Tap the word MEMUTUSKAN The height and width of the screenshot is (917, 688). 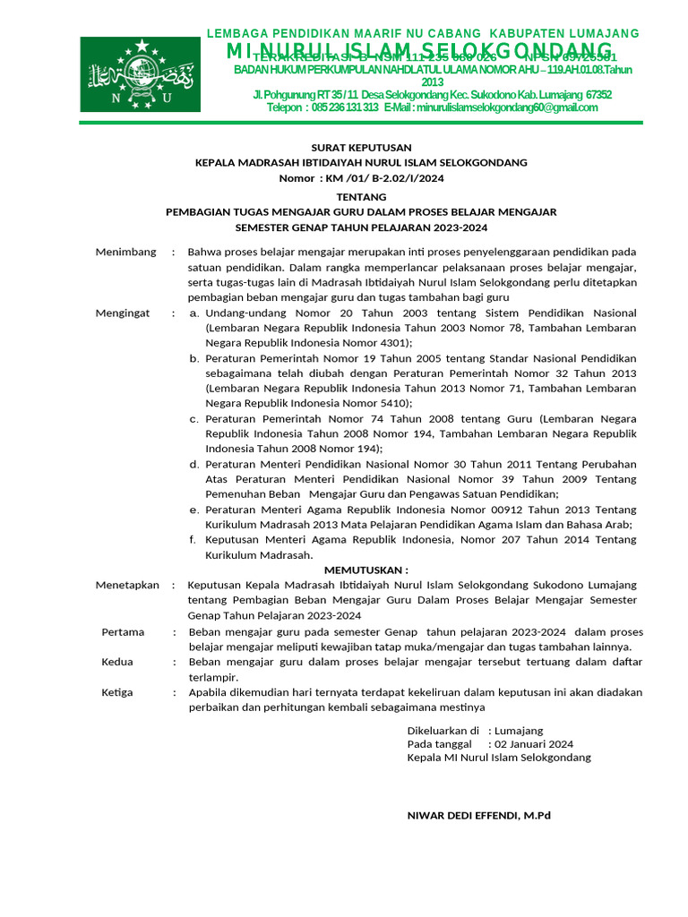[365, 570]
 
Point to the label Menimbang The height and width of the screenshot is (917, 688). [125, 252]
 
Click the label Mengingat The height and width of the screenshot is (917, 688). [125, 313]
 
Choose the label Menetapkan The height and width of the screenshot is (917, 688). [127, 585]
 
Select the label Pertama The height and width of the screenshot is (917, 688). [123, 631]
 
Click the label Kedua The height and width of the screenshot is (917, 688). [117, 662]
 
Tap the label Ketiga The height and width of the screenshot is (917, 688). [117, 692]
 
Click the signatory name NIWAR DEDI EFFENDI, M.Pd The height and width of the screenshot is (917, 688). [478, 816]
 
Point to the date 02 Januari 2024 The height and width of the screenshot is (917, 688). [534, 743]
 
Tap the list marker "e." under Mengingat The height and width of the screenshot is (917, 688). [194, 510]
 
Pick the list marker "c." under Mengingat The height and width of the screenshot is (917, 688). [194, 418]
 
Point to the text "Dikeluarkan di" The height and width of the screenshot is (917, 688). [443, 730]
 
